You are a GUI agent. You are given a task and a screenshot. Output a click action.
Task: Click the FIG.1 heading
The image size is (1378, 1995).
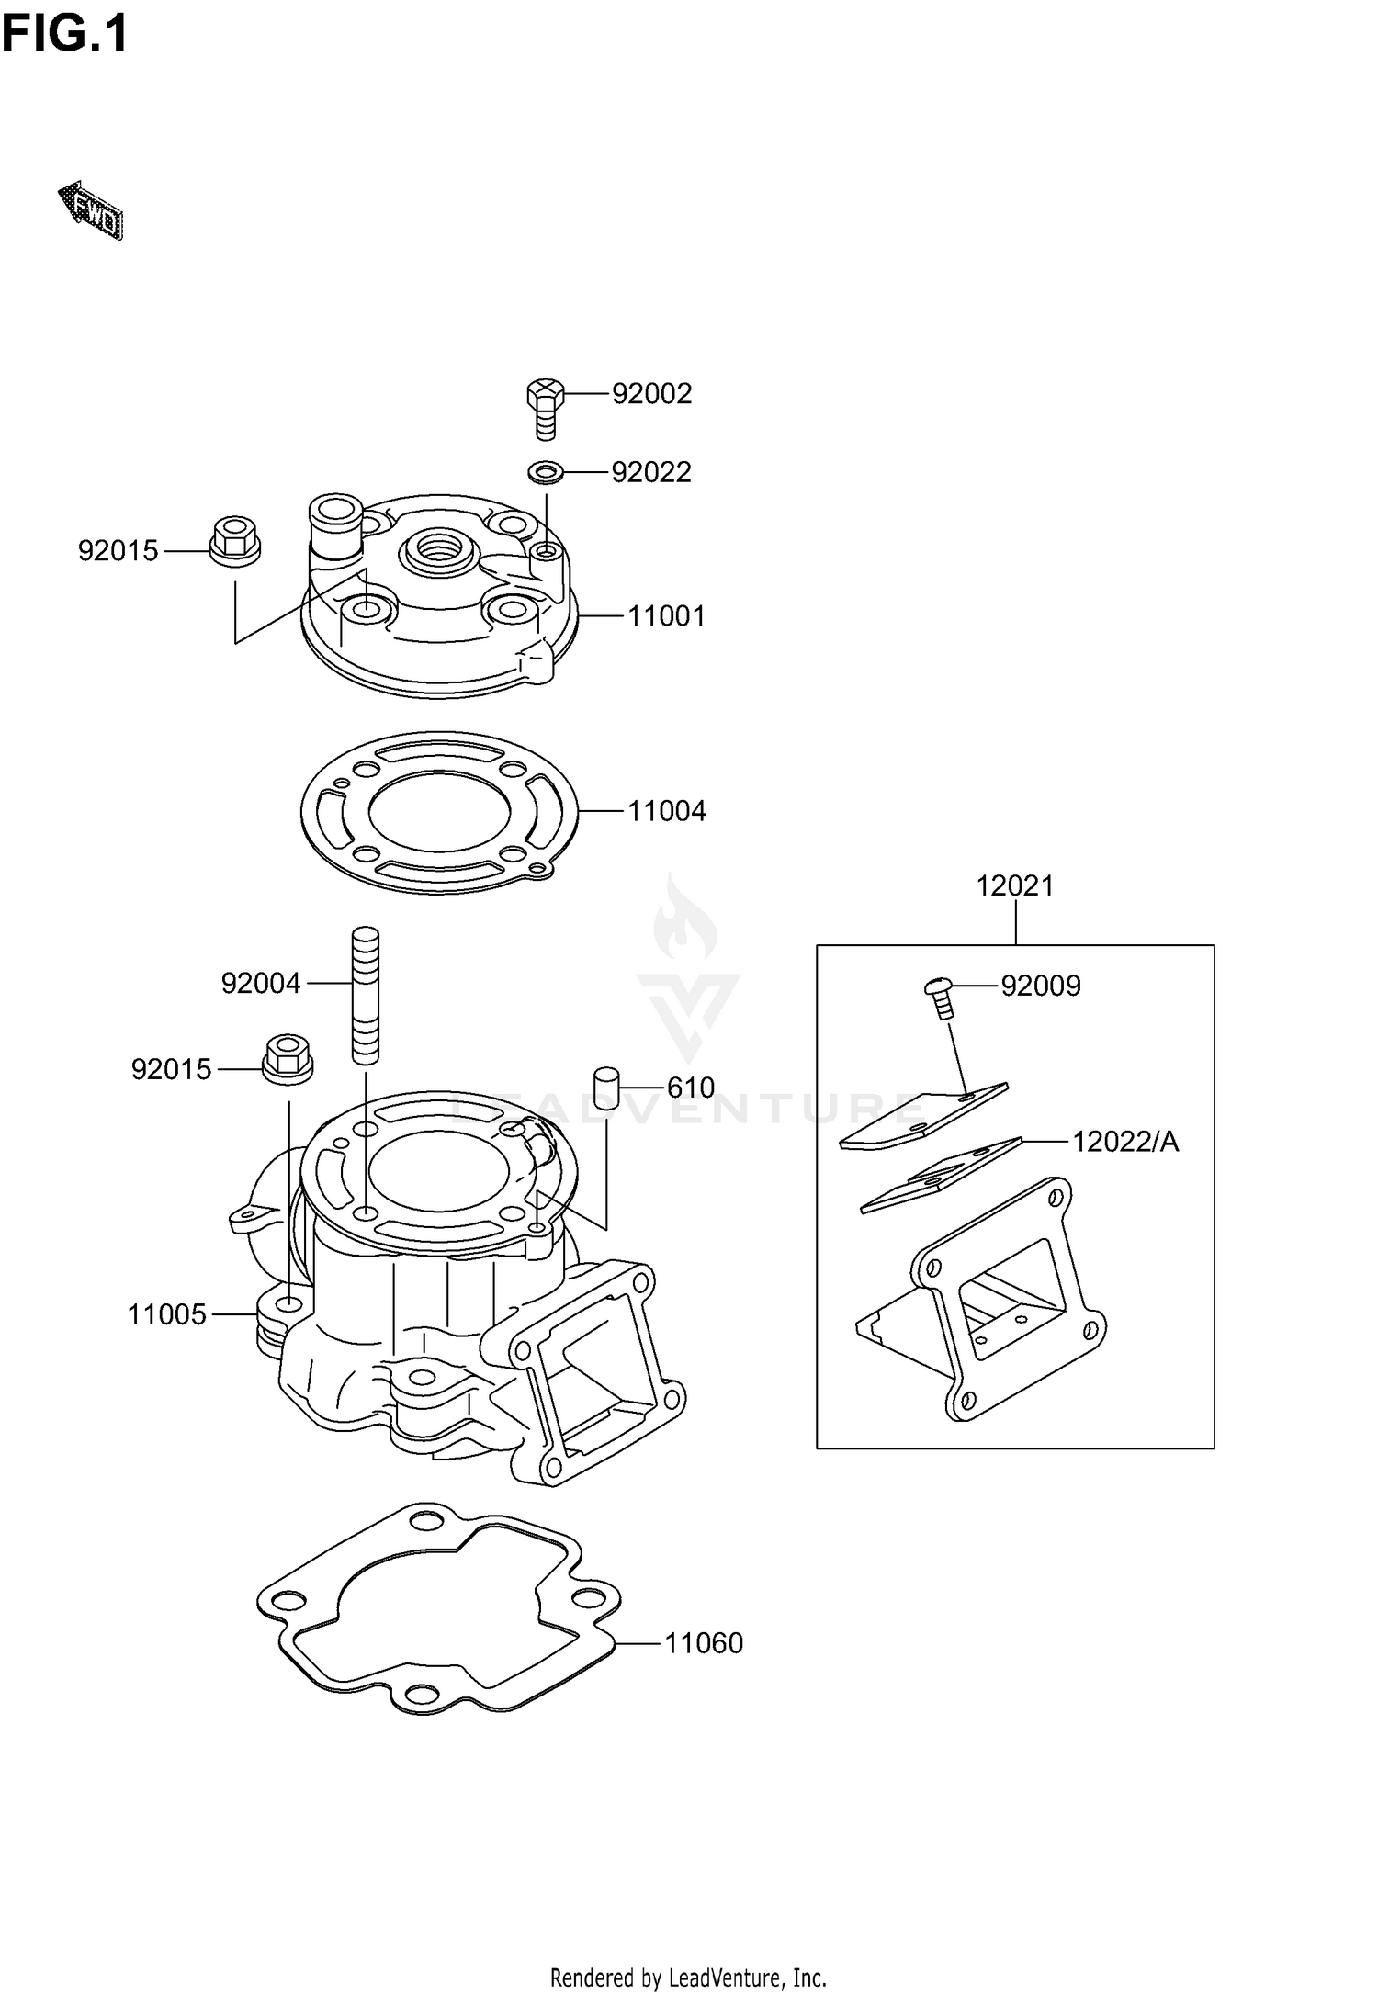tap(64, 35)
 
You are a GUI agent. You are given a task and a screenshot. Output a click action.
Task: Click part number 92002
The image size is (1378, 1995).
tap(651, 394)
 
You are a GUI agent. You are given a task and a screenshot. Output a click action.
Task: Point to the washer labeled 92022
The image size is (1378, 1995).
tap(546, 472)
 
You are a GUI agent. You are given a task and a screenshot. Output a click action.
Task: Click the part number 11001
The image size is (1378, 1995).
tap(666, 616)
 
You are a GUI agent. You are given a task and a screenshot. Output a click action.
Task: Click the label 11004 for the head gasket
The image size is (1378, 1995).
tap(666, 811)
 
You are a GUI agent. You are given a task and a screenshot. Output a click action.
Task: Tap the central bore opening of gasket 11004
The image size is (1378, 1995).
tap(439, 811)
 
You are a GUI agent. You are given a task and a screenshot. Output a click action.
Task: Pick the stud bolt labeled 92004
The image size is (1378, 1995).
tap(365, 996)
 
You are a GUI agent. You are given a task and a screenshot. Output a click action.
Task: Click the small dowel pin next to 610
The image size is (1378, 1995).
tap(606, 1088)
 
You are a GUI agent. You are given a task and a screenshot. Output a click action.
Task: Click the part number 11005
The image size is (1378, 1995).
tap(166, 1315)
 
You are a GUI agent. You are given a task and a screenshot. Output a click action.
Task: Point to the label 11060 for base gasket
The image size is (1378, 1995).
tap(703, 1643)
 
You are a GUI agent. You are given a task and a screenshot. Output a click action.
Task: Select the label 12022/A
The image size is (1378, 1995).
tap(1125, 1142)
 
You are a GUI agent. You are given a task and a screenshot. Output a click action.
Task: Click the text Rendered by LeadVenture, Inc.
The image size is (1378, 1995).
tap(688, 1977)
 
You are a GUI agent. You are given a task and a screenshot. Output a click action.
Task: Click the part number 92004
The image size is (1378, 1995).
tap(261, 984)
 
